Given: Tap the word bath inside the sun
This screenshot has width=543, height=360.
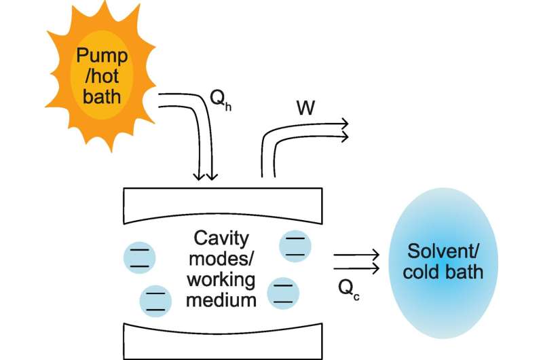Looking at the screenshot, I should (101, 96).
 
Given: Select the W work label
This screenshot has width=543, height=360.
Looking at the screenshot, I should (305, 108).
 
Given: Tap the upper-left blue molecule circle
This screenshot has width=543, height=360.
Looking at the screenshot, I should (139, 257).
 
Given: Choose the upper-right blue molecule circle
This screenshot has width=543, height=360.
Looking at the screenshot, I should (295, 245).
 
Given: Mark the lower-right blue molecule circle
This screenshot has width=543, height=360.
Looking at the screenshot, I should (284, 293).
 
